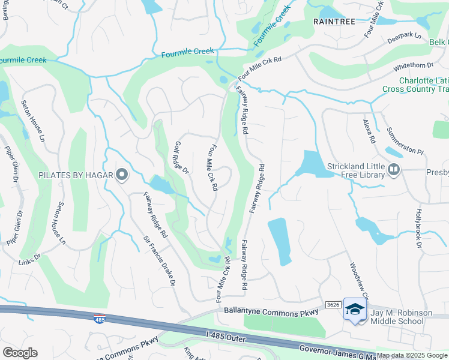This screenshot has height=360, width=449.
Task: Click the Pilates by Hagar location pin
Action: click(x=122, y=175)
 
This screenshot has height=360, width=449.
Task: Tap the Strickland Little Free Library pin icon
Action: click(x=394, y=169)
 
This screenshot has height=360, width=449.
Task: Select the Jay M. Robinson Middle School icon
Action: click(x=355, y=310)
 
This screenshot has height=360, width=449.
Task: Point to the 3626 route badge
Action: click(x=334, y=305)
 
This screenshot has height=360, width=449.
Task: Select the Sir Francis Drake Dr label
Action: click(x=159, y=259)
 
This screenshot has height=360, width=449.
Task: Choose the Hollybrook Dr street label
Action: click(x=420, y=229)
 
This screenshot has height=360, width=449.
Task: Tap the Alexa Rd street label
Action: click(x=369, y=131)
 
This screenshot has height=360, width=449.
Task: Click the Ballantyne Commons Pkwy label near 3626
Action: click(x=270, y=313)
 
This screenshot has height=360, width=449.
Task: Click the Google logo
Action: click(x=20, y=353)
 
